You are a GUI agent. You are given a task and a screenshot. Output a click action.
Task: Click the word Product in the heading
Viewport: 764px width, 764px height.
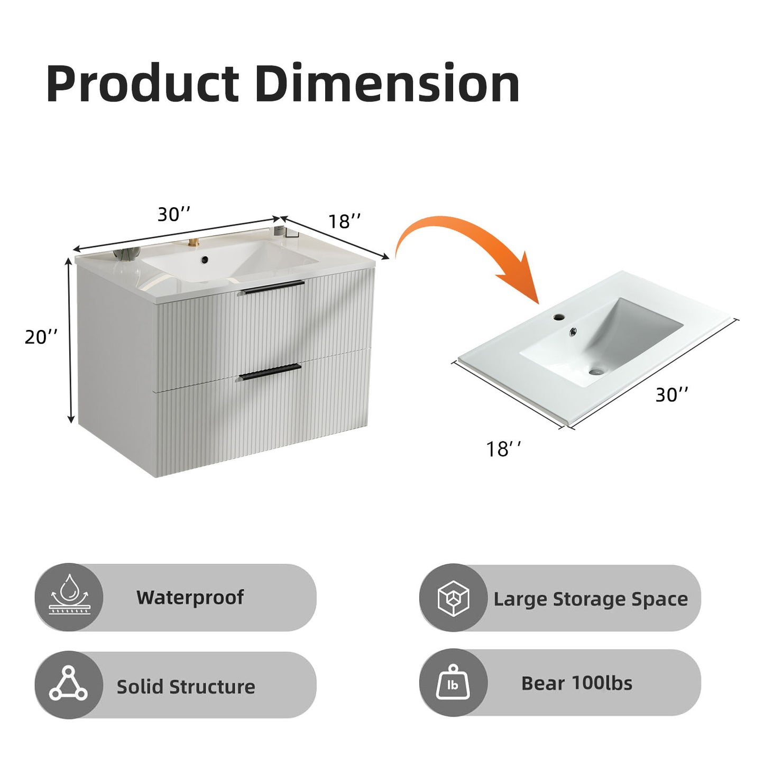pos(143,84)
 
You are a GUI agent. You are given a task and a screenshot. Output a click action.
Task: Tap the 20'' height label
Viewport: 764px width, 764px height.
pos(41,337)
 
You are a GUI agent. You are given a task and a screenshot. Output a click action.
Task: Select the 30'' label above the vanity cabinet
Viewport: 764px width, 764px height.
pos(173,214)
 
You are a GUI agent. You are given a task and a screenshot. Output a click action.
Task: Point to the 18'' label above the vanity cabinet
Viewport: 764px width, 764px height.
pos(345,222)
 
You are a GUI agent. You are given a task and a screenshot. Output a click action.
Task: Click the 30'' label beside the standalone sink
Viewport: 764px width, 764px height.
pos(671,394)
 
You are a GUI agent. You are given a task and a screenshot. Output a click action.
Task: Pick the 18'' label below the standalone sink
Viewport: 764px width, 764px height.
pos(503,449)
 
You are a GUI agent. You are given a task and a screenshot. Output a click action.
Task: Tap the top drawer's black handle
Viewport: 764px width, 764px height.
pos(272,287)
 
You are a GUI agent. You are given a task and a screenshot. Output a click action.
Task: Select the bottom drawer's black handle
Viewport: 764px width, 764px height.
pos(270,372)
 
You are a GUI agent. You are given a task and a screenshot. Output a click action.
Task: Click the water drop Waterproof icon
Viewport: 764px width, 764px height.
pos(68,597)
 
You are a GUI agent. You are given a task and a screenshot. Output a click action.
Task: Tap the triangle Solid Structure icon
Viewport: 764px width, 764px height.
pos(68,685)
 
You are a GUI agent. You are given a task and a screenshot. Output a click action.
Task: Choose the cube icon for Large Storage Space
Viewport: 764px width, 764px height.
pos(453,598)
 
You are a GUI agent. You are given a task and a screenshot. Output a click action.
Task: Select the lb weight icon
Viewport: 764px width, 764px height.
pos(453,684)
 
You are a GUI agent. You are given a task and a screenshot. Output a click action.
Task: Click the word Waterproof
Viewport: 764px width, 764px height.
pos(190,597)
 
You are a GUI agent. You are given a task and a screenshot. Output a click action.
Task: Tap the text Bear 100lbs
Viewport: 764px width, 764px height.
pos(577,683)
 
